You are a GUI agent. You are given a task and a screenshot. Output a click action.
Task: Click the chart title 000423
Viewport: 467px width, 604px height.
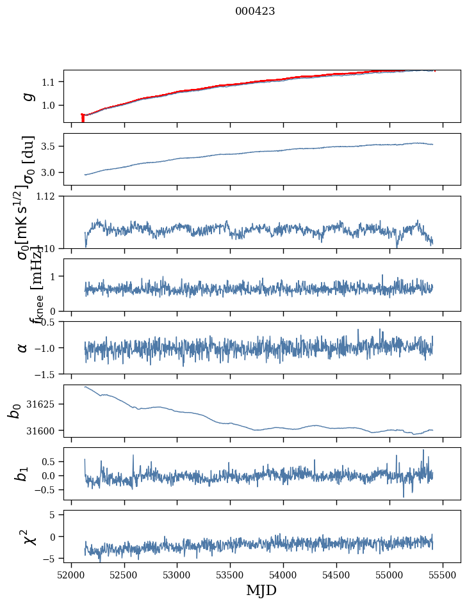click(255, 11)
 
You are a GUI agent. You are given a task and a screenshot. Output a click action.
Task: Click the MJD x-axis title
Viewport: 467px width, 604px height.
click(261, 590)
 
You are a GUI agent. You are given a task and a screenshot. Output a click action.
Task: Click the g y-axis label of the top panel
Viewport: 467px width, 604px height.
click(27, 96)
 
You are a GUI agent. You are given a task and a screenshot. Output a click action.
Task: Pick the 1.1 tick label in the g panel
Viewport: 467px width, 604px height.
click(51, 82)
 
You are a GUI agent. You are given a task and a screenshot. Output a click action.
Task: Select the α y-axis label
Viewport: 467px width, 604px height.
click(23, 347)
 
